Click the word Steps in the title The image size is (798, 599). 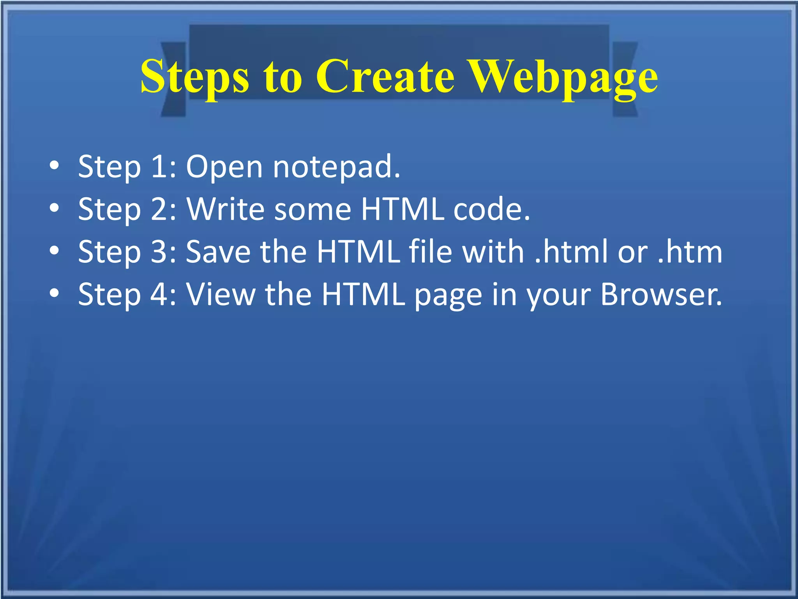(194, 77)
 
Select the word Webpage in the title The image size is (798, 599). (563, 77)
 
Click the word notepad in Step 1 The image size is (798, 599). (336, 167)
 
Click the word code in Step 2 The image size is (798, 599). (491, 209)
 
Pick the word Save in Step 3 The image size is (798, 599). (218, 252)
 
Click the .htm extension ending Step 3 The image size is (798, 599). (690, 252)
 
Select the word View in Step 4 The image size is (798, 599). (221, 294)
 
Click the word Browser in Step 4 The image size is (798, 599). (661, 294)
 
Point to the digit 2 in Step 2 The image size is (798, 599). (159, 209)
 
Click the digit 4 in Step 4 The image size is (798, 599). (159, 294)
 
